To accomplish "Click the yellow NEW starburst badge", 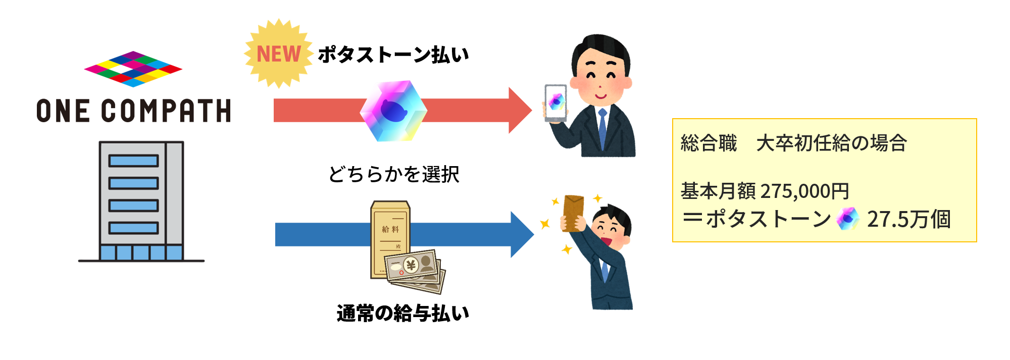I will point(278,54).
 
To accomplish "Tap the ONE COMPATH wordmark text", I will point(134,111).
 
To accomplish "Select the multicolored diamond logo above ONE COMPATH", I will point(133,69).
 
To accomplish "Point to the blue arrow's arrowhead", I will point(521,234).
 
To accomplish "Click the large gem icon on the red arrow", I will point(393,111).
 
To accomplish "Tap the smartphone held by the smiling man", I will point(555,102).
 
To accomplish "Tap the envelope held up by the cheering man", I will point(573,213).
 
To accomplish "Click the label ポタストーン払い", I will point(393,55).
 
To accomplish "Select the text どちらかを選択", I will point(393,174).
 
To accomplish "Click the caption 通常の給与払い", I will point(402,313).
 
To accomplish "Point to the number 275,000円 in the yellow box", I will point(804,191).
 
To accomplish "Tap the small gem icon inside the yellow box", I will point(847,219).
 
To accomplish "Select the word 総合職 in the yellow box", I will point(709,143).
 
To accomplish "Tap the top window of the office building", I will point(134,161).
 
